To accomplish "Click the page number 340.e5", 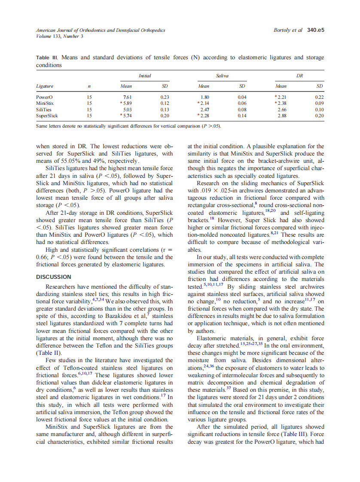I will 315,30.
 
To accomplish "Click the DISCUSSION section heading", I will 54,277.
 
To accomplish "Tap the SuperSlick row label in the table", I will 46,116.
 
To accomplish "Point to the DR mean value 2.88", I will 282,116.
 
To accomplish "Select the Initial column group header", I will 145,76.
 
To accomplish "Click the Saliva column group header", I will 222,76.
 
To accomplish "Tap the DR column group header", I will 300,76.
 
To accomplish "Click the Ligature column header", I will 45,86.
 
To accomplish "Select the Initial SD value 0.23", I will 164,98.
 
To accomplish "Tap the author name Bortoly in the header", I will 282,30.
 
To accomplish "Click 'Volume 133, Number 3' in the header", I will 59,36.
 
